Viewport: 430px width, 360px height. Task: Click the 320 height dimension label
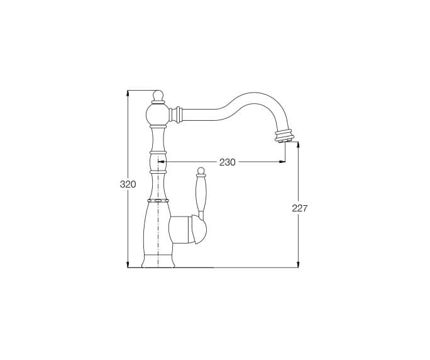pyautogui.click(x=128, y=184)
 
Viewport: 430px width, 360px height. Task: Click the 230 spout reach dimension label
pyautogui.click(x=228, y=162)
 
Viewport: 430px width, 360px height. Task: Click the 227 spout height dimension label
pyautogui.click(x=300, y=208)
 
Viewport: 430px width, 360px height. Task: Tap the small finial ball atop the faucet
pyautogui.click(x=158, y=96)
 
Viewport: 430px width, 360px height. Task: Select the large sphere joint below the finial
pyautogui.click(x=158, y=114)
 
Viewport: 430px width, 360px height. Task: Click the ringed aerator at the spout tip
pyautogui.click(x=285, y=136)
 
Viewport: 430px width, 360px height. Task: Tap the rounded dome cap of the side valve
pyautogui.click(x=199, y=229)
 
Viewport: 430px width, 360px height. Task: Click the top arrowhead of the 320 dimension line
pyautogui.click(x=128, y=93)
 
